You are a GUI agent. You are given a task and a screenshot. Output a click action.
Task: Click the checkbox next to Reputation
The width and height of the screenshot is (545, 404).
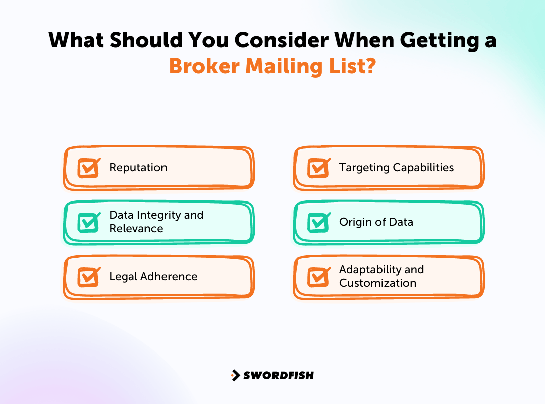(x=88, y=168)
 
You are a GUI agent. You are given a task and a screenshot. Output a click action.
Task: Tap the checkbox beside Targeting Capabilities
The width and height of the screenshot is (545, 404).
(x=318, y=168)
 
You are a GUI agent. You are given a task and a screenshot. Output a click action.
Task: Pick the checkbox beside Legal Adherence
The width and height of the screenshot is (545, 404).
(x=88, y=277)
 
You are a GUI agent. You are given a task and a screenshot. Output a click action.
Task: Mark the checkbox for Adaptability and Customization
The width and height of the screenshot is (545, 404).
(x=318, y=277)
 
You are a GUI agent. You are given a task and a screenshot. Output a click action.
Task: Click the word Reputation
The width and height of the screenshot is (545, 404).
(x=138, y=168)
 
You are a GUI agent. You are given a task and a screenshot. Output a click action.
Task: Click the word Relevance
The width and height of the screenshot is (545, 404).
(x=136, y=229)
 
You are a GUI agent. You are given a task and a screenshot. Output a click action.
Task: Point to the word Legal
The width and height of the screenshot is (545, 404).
(x=123, y=277)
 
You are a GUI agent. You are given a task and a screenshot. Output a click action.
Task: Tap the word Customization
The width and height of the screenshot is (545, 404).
(x=377, y=283)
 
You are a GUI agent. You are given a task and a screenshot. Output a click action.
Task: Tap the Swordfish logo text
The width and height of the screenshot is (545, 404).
(x=279, y=375)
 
